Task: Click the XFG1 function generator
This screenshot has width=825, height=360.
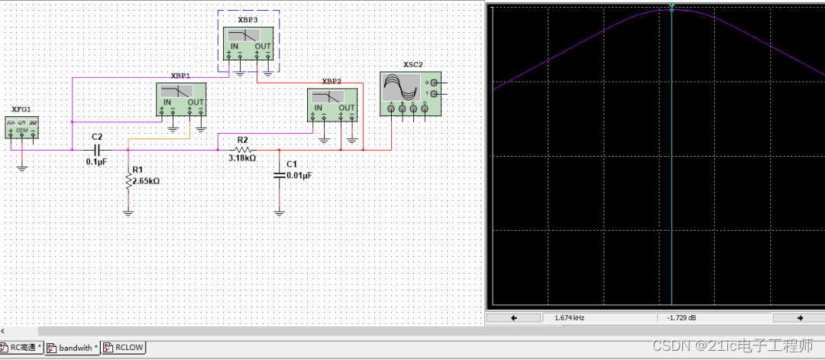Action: pos(22,127)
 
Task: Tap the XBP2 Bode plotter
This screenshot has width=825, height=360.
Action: pos(332,105)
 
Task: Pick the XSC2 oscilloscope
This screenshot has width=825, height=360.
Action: pos(410,94)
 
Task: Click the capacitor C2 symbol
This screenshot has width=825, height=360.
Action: pos(97,151)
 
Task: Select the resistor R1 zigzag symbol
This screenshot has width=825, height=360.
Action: pos(128,181)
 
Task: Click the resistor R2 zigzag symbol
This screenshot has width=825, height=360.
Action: pos(242,151)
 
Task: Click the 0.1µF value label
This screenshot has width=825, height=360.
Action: pos(97,162)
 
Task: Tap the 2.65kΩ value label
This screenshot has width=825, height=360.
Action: pos(146,182)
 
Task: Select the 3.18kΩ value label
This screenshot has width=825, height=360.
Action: pos(242,159)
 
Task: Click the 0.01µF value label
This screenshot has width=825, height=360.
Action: pos(299,176)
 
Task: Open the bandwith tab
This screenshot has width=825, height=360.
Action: pos(74,349)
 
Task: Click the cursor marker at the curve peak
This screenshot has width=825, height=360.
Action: pos(671,8)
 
